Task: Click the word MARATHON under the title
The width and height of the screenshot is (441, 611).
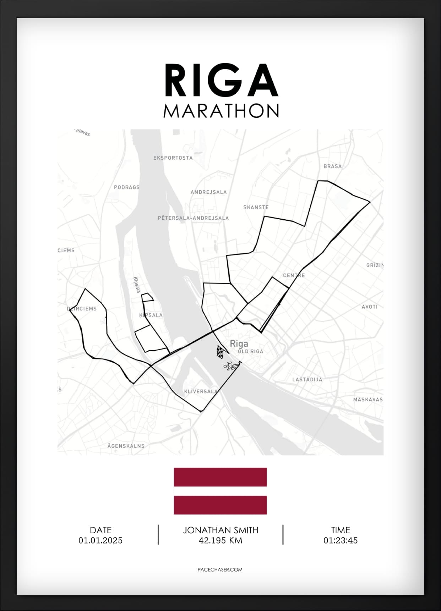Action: pos(221,111)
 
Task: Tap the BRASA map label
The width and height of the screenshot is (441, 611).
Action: pos(332,166)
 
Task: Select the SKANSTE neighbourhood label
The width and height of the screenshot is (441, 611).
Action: pos(256,207)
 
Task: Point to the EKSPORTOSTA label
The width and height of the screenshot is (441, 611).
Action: pos(173,158)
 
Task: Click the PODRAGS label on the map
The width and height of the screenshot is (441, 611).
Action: pos(127,187)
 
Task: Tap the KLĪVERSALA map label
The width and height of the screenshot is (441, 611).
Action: pos(201,392)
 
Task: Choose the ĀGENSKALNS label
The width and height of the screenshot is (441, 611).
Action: pos(126,446)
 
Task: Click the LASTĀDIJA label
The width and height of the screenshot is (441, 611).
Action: pos(307,380)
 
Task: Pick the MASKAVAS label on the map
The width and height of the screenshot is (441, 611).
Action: pos(368,400)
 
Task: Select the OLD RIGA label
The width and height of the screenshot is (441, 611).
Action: pos(251,352)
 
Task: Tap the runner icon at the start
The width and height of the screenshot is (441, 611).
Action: pos(231,366)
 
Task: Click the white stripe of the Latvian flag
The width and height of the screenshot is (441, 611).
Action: pos(220,491)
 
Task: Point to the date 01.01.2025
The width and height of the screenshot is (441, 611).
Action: pos(100,540)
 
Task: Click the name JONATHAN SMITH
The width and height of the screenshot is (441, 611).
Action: pos(220,530)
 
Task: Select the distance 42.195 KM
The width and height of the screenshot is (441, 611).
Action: pos(220,540)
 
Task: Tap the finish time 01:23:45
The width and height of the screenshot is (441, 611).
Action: pos(340,540)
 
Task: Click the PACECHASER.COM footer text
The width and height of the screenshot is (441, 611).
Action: pos(220,569)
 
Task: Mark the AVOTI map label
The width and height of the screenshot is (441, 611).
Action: pos(369,307)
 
